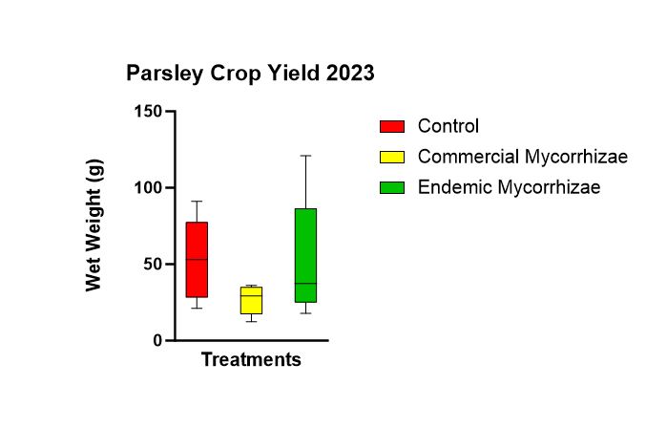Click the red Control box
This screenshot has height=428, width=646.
197,259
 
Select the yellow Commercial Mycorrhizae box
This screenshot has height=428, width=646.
251,300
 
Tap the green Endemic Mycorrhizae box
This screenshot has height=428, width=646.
305,255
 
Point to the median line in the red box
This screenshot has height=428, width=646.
197,259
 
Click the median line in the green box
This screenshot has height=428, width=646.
305,284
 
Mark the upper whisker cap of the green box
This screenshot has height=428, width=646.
305,156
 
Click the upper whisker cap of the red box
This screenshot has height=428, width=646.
197,202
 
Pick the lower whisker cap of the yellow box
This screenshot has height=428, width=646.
251,321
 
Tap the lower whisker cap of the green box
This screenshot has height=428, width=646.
305,313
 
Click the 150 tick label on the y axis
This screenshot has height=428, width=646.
148,111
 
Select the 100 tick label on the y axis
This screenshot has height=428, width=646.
148,187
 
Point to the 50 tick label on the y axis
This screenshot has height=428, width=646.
153,264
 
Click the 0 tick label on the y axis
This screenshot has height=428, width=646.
157,341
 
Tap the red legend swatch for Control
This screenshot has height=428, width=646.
392,127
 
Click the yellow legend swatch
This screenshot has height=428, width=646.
392,157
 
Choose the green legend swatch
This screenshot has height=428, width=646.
392,187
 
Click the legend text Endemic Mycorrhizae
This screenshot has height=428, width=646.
510,187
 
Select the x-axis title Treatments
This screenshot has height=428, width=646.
251,359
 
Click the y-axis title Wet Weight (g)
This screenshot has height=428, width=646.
94,225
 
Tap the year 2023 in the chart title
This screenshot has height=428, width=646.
350,73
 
